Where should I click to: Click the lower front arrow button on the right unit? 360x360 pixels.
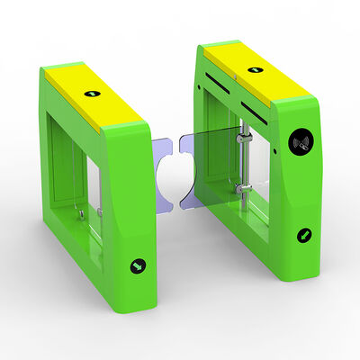tap(305, 235)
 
